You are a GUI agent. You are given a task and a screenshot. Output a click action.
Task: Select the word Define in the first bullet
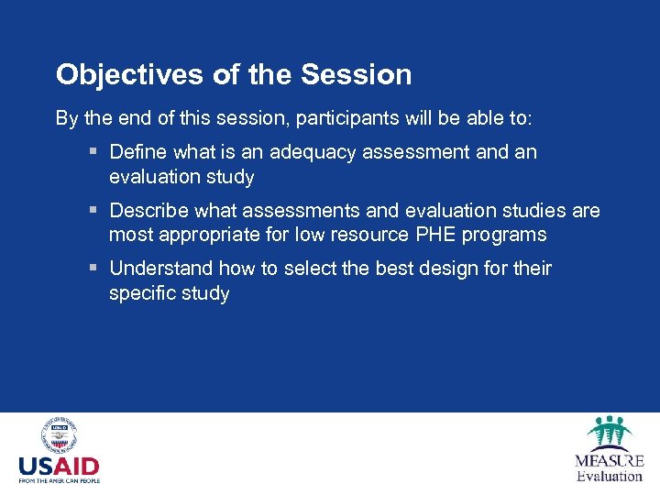(137, 152)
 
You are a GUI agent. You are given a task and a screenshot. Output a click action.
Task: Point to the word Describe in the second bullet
(147, 211)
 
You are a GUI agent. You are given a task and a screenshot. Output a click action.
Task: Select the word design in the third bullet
(458, 269)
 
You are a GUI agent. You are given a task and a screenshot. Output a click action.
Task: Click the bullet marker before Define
(94, 152)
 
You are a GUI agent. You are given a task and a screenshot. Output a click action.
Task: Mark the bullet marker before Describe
(94, 211)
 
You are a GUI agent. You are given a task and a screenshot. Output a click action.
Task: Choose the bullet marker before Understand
(94, 269)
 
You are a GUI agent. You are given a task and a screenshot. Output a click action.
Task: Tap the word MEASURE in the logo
(609, 461)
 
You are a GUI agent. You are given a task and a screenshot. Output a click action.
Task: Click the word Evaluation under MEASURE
(609, 476)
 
